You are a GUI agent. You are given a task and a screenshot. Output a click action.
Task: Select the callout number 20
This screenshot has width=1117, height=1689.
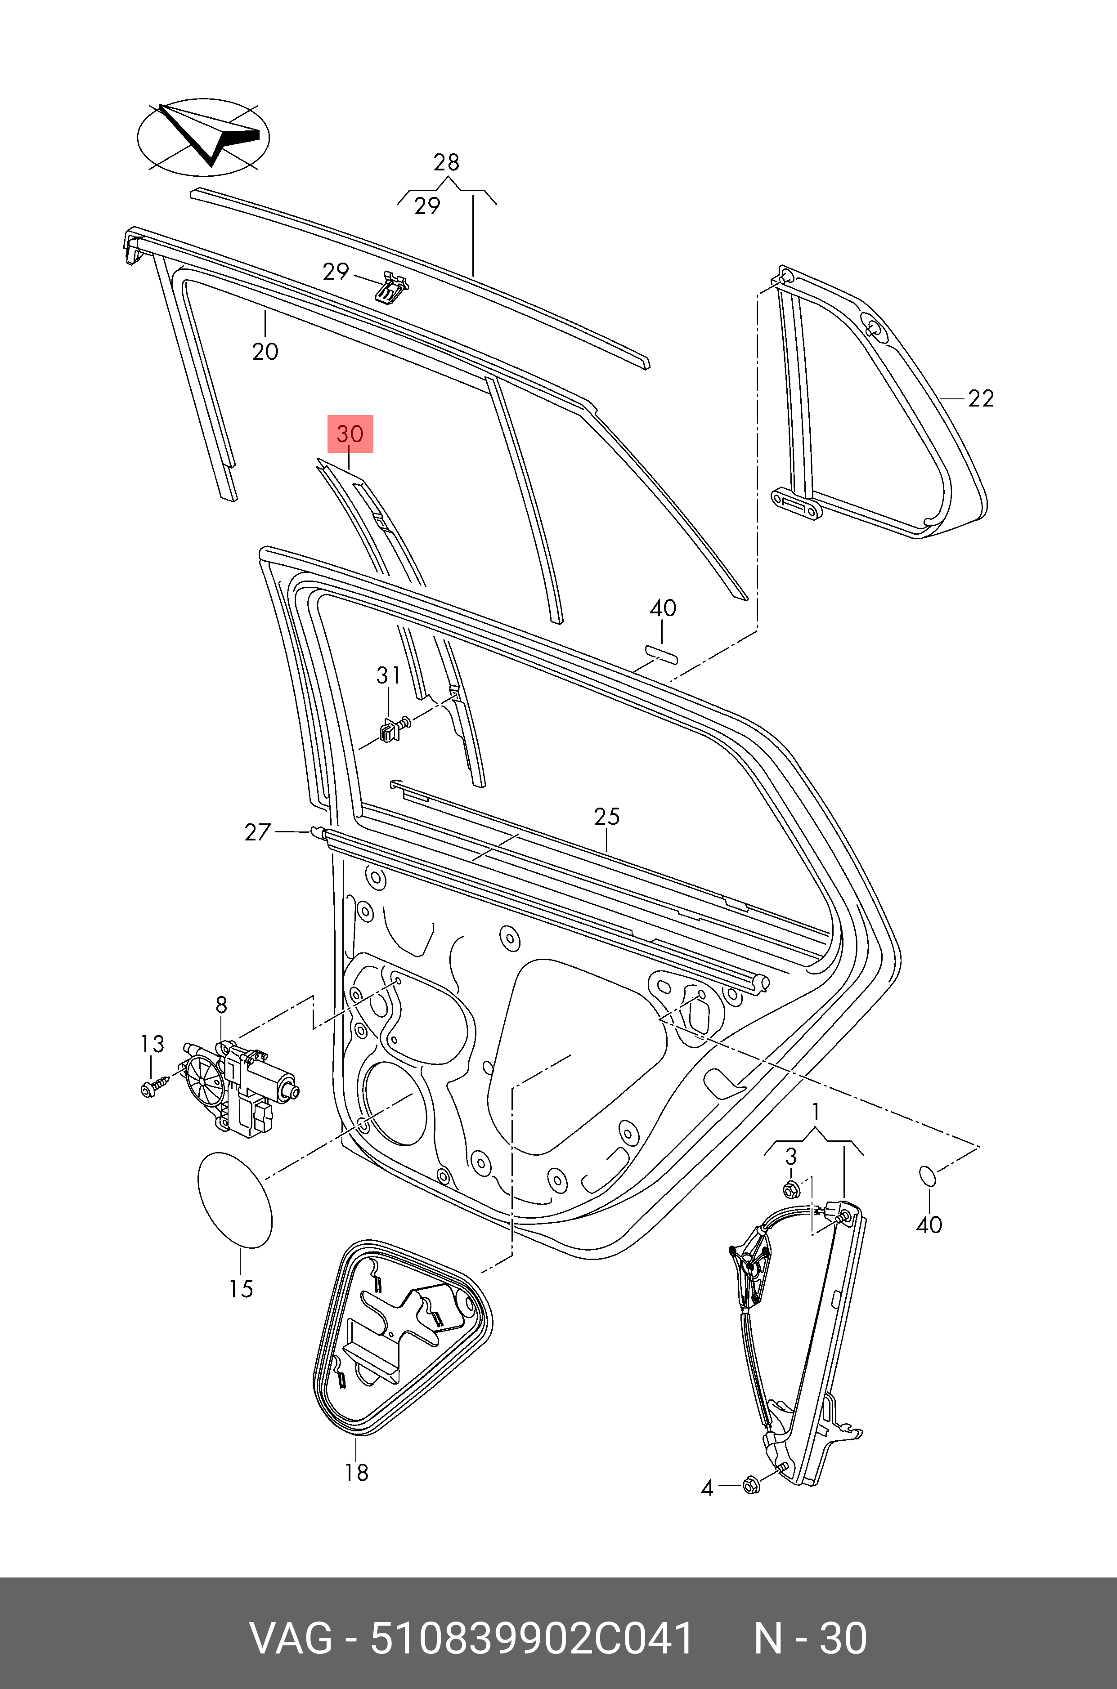(x=265, y=351)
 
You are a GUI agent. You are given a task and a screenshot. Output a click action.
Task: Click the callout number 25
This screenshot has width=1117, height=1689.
(x=607, y=816)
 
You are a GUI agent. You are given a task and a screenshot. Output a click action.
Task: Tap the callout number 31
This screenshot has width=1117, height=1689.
(x=388, y=675)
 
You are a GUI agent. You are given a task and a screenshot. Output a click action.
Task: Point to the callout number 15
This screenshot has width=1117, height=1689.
(x=241, y=1288)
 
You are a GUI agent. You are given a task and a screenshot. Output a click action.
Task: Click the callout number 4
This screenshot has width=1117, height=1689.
(x=707, y=1488)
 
